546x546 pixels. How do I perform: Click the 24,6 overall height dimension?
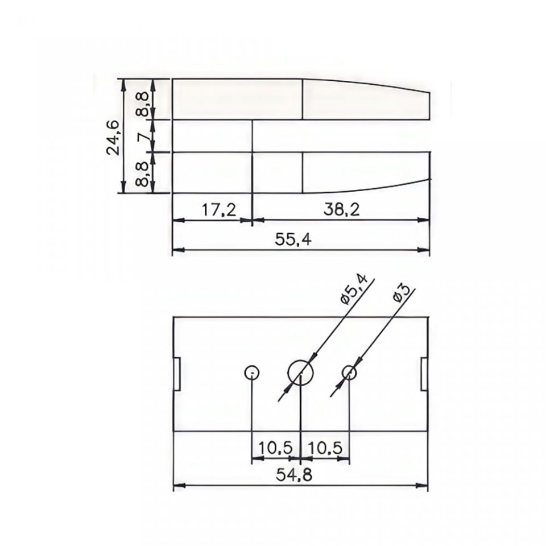pos(114,137)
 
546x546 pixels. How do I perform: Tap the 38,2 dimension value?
pos(341,210)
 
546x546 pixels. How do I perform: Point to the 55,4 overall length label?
pos(293,239)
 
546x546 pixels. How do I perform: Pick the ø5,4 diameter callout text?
pos(354,289)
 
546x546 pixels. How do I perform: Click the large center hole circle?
pos(301,373)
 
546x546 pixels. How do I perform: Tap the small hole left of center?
pos(251,373)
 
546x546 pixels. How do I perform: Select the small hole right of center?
pos(349,373)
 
